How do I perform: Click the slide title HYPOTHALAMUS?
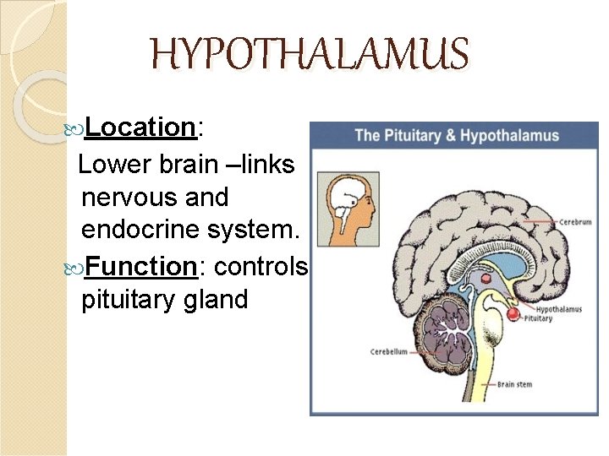point(309,54)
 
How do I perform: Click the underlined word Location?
point(140,128)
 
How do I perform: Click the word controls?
point(261,267)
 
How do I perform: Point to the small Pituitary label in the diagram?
point(538,319)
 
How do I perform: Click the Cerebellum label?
point(389,351)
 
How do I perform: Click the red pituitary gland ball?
point(513,314)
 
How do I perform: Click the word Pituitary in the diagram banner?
point(414,135)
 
